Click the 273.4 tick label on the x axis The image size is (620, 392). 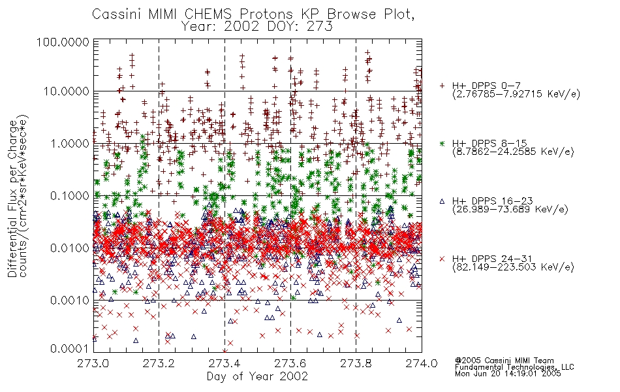[x=225, y=363]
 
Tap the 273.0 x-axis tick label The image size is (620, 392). [x=93, y=363]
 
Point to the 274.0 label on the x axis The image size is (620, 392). [x=422, y=363]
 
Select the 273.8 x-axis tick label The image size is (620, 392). [x=356, y=363]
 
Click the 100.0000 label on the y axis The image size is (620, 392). [x=63, y=42]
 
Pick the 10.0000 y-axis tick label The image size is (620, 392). [x=66, y=91]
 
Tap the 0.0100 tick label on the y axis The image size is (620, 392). [x=70, y=248]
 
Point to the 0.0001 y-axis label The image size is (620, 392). [x=70, y=349]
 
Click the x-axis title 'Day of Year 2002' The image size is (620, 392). [x=257, y=376]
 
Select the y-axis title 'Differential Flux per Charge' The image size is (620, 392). [x=12, y=199]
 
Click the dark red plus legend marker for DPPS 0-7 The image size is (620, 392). [x=442, y=86]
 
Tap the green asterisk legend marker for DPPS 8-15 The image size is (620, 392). [x=442, y=143]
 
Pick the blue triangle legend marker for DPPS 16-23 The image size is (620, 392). [x=442, y=201]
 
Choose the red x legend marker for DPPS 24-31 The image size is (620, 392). [x=442, y=259]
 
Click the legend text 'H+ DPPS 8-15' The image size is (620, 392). [x=489, y=143]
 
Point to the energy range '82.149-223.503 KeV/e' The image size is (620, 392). [x=513, y=267]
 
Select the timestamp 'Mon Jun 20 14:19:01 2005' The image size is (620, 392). [x=508, y=373]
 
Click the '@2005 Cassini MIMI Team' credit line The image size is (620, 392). [x=504, y=361]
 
